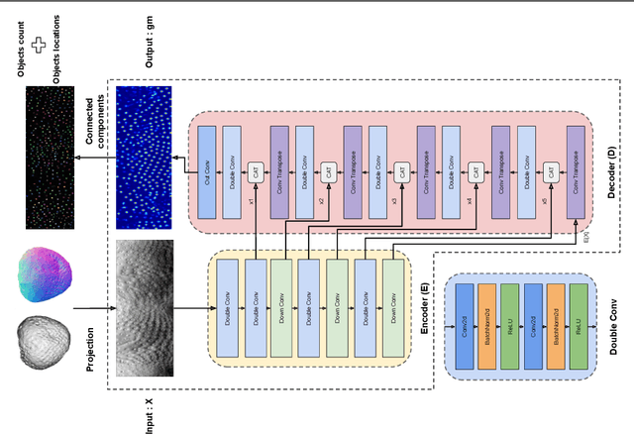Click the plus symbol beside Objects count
point(41,46)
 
